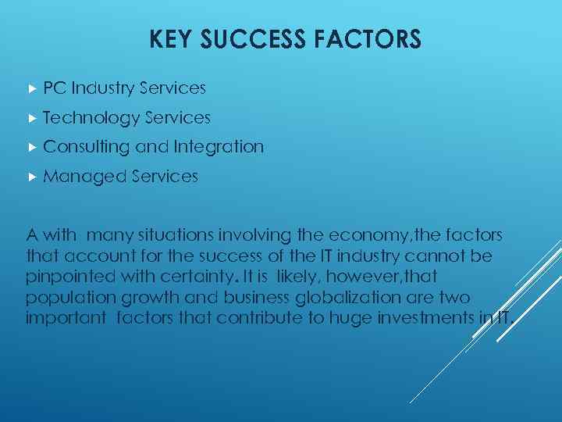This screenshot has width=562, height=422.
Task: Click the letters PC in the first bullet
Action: [x=55, y=88]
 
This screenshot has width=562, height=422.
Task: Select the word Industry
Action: [x=100, y=88]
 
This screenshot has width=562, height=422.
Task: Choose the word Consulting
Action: [x=87, y=147]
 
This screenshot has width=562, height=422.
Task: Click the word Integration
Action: [x=219, y=147]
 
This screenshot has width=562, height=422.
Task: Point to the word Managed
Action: [x=85, y=177]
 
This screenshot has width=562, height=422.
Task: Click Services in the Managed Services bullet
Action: [x=165, y=177]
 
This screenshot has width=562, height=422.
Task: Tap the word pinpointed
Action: [x=70, y=277]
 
